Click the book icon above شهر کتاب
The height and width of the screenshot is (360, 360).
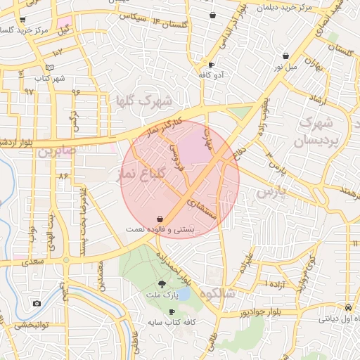pyautogui.click(x=49, y=67)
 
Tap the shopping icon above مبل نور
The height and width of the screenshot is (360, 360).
pyautogui.click(x=285, y=56)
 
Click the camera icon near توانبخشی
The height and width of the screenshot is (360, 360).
pyautogui.click(x=36, y=303)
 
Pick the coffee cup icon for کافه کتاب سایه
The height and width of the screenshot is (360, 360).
pyautogui.click(x=172, y=311)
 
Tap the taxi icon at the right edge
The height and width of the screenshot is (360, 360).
pyautogui.click(x=349, y=307)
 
